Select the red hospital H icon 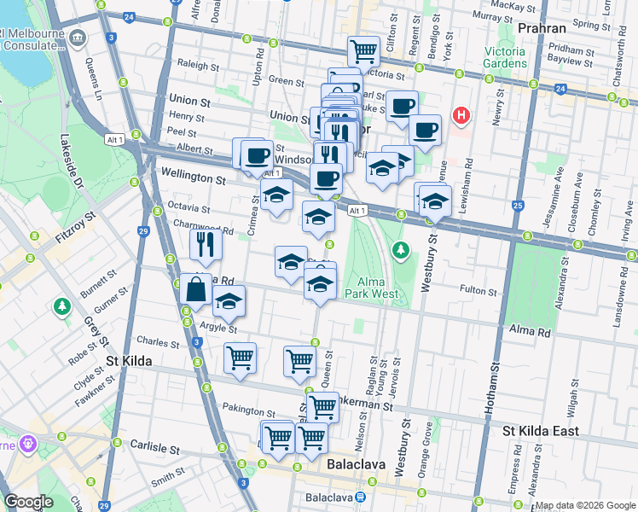(461, 115)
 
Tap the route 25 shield (518, 206)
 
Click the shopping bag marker (196, 288)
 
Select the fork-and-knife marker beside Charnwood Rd (206, 245)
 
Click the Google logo (29, 502)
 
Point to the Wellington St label (193, 180)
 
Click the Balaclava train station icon (361, 497)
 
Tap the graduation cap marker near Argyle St (229, 300)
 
